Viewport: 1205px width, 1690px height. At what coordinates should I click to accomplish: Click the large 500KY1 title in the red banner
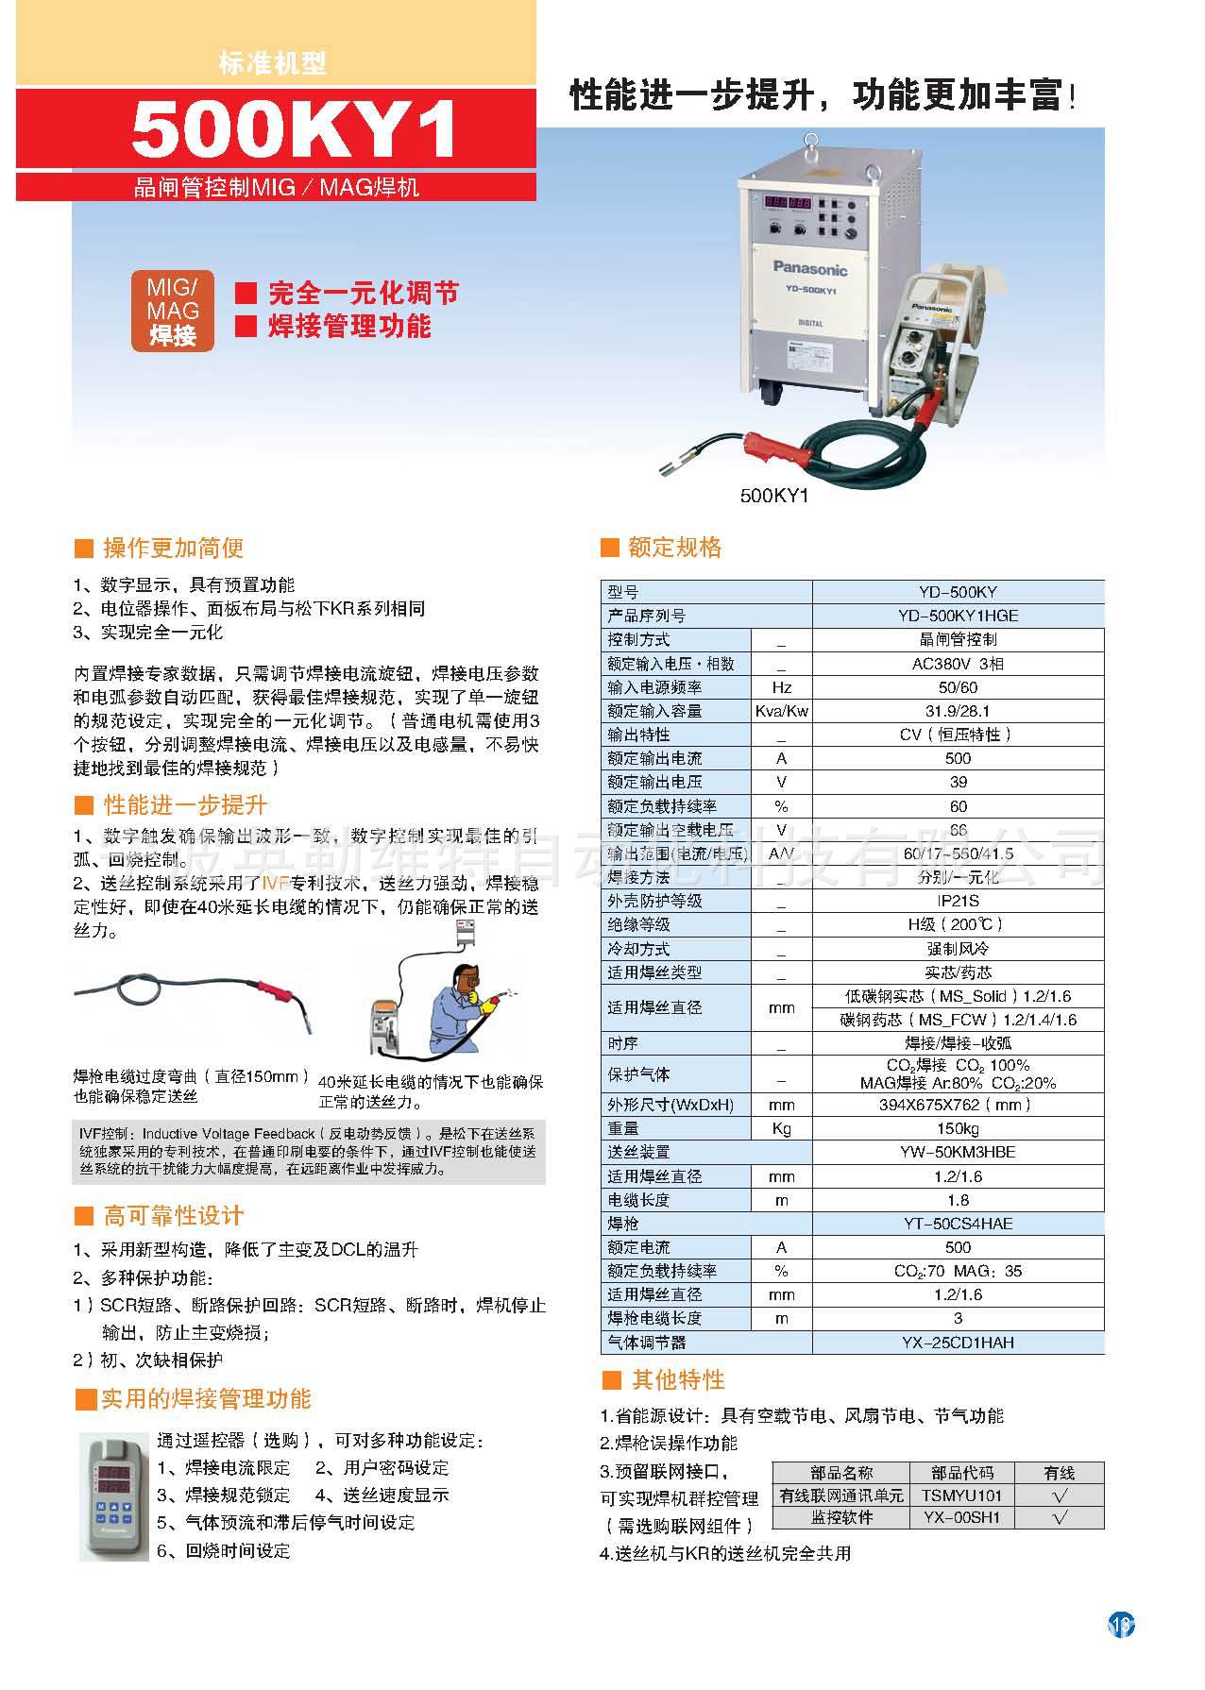(294, 129)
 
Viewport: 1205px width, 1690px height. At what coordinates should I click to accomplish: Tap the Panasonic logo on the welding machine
(811, 268)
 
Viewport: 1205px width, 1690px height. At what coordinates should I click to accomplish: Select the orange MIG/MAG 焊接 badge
(173, 311)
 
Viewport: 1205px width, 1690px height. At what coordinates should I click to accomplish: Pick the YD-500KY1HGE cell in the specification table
(958, 616)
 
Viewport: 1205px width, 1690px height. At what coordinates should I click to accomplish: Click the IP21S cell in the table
(958, 901)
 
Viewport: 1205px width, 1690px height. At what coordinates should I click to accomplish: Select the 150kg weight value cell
(958, 1128)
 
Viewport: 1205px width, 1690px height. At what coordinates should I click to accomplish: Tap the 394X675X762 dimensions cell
(958, 1105)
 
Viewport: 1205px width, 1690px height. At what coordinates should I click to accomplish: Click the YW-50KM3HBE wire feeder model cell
(958, 1152)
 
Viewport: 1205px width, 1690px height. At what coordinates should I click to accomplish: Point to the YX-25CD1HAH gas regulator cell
(958, 1342)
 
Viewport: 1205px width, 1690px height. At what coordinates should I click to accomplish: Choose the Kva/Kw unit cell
(781, 711)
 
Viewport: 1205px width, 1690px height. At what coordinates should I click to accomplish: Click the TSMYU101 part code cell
(961, 1496)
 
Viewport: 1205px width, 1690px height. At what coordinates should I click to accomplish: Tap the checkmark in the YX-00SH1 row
(1060, 1518)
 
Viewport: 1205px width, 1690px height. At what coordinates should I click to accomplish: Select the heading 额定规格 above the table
(674, 548)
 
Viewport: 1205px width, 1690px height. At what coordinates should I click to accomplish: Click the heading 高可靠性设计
(173, 1216)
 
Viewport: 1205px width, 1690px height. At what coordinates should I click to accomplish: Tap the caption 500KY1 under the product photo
(774, 495)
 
